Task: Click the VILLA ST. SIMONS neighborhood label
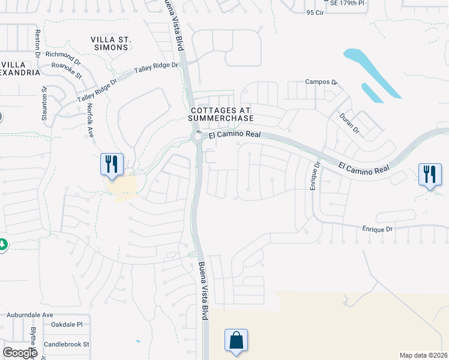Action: [111, 44]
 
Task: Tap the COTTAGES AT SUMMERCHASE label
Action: [221, 114]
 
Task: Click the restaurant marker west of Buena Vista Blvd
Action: [111, 164]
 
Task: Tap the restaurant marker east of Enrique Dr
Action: [429, 175]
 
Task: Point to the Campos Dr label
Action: [322, 82]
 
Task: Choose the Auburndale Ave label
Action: [30, 314]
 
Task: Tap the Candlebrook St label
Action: [66, 344]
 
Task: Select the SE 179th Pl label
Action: [343, 3]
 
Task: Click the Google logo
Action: [20, 353]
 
